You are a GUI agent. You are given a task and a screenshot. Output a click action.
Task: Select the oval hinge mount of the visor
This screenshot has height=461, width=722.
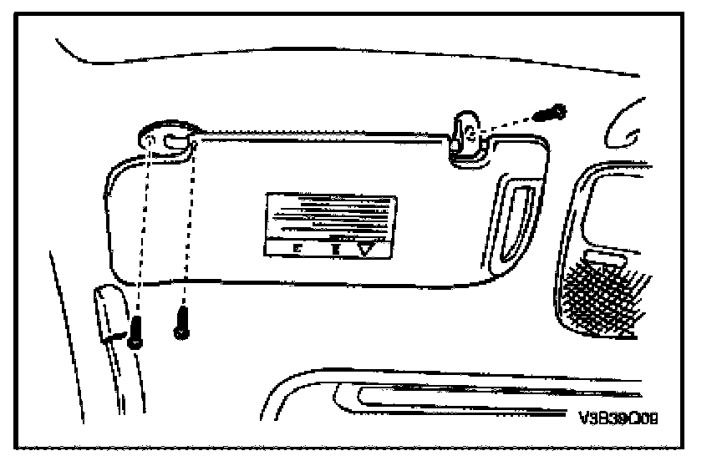pos(170,136)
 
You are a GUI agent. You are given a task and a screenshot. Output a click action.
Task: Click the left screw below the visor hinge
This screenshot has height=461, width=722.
pos(135,335)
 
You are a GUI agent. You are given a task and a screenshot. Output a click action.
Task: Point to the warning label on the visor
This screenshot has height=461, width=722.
pos(331,225)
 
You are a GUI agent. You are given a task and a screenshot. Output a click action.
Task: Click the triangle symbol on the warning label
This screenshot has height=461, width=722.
pos(366,248)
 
